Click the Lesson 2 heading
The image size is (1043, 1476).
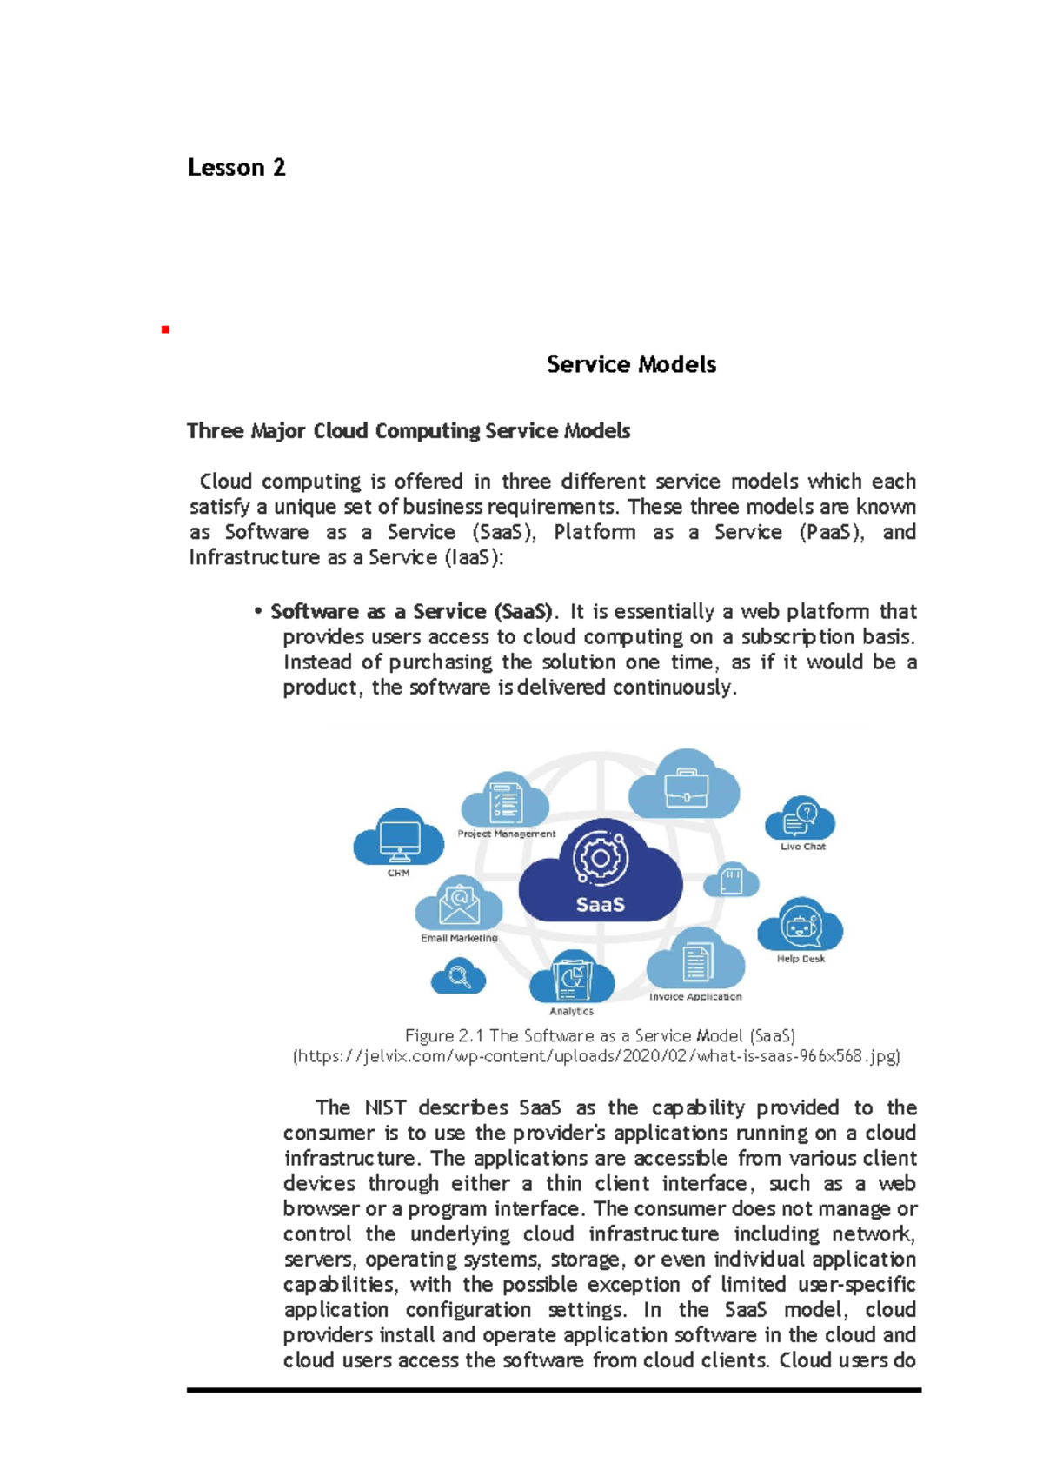236,167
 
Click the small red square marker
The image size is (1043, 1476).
164,329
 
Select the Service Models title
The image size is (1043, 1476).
631,364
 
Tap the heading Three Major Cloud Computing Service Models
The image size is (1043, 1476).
408,431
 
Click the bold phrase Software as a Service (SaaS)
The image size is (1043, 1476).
410,611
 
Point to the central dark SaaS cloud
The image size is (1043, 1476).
600,874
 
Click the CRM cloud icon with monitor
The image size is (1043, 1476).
399,837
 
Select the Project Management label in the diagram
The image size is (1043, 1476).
506,834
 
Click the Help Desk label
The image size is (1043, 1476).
801,959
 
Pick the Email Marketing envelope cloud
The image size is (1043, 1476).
459,904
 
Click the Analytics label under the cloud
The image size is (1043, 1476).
571,1011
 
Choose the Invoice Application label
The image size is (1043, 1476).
694,997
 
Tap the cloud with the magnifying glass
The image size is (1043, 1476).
458,977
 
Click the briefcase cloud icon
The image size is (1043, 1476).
685,785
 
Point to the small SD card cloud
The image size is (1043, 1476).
731,881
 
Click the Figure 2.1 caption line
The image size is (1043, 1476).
600,1035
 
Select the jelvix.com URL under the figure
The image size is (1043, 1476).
596,1056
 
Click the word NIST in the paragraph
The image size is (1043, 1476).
384,1107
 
